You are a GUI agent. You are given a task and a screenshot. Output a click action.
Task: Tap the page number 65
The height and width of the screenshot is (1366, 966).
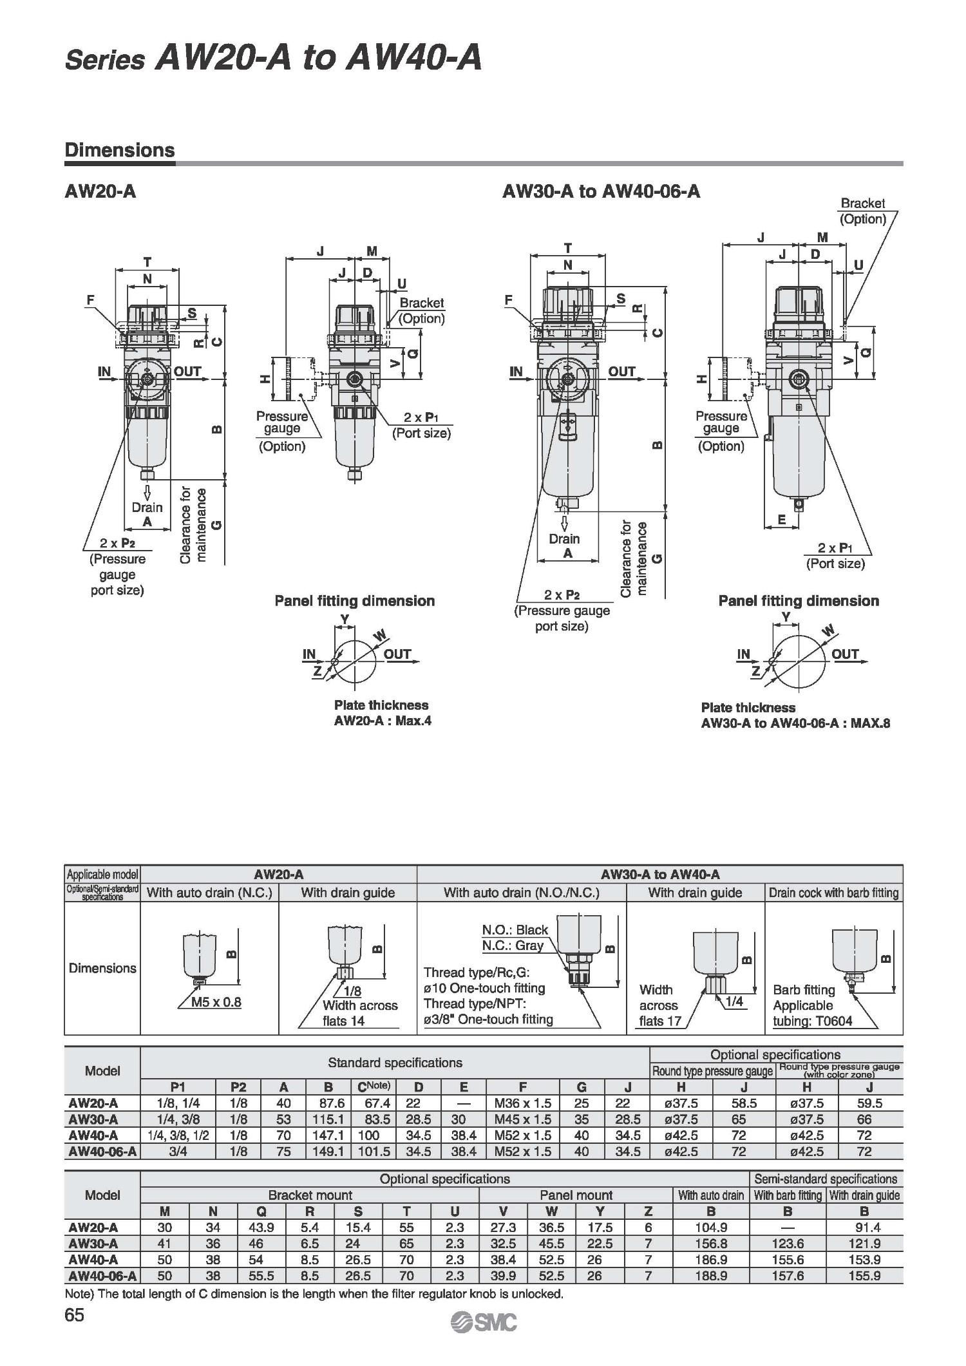pyautogui.click(x=75, y=1314)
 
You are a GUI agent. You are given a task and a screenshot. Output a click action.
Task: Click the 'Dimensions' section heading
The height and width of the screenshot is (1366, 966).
pyautogui.click(x=120, y=150)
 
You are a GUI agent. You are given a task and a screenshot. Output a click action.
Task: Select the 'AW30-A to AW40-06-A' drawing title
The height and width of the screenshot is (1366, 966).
pyautogui.click(x=601, y=191)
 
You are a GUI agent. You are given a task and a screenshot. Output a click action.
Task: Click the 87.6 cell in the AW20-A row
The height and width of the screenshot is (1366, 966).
pyautogui.click(x=328, y=1103)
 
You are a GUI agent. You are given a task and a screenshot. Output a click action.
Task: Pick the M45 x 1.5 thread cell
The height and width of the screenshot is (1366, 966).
pyautogui.click(x=522, y=1119)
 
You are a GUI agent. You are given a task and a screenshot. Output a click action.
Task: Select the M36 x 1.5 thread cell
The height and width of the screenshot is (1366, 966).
pyautogui.click(x=522, y=1103)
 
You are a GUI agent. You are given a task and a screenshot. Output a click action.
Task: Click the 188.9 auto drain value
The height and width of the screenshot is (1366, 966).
pyautogui.click(x=711, y=1276)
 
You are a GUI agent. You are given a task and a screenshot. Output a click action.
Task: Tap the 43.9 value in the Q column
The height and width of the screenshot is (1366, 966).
pyautogui.click(x=261, y=1228)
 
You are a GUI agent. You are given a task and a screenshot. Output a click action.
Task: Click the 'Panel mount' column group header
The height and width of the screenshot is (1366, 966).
pyautogui.click(x=576, y=1195)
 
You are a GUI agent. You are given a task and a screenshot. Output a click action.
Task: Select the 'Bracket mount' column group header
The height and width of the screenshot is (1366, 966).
pyautogui.click(x=310, y=1195)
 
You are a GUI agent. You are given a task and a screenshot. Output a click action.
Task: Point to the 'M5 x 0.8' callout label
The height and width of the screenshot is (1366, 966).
pyautogui.click(x=216, y=1002)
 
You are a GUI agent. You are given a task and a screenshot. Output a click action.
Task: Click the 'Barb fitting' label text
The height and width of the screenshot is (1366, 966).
pyautogui.click(x=804, y=990)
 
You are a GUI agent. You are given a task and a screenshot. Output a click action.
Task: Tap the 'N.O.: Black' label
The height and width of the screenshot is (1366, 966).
pyautogui.click(x=515, y=930)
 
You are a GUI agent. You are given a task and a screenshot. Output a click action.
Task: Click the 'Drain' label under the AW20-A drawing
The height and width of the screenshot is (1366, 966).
pyautogui.click(x=147, y=507)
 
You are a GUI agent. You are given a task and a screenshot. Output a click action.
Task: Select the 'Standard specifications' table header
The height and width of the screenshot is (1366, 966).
pyautogui.click(x=395, y=1063)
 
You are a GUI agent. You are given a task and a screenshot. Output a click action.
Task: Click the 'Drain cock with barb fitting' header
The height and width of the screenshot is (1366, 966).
pyautogui.click(x=833, y=893)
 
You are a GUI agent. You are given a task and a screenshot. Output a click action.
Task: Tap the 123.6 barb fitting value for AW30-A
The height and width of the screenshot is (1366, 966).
pyautogui.click(x=788, y=1244)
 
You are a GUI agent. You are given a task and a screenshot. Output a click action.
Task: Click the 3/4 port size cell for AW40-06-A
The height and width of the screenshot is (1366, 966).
pyautogui.click(x=178, y=1152)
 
